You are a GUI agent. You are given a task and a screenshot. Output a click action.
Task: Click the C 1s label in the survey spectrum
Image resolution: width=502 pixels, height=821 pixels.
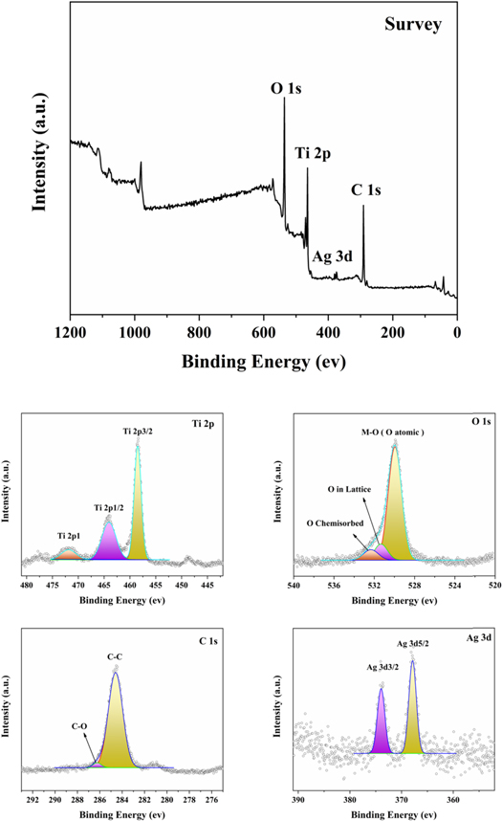coord(366,190)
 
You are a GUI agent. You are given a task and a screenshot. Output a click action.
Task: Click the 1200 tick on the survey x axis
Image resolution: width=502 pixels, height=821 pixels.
coord(70,333)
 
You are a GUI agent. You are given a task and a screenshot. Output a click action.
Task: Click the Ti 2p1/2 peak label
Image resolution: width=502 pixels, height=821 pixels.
coord(112,506)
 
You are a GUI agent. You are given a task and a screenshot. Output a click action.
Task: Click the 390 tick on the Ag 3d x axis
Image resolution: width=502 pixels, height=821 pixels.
coord(298,795)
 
